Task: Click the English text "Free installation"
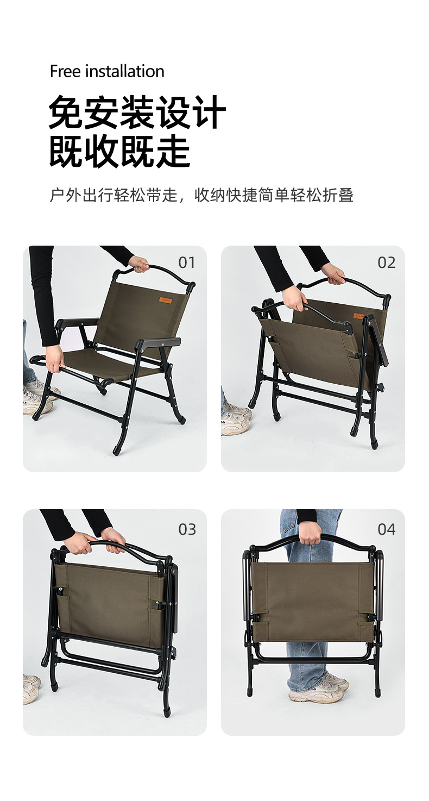point(107,71)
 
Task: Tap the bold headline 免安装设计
point(137,112)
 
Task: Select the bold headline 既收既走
point(119,151)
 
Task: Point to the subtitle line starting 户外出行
point(201,195)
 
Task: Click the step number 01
point(186,262)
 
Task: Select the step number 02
point(386,262)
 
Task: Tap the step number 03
point(187,529)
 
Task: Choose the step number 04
point(386,529)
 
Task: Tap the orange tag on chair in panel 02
point(359,316)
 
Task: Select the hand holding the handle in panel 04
point(310,532)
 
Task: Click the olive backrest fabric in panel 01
point(136,315)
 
